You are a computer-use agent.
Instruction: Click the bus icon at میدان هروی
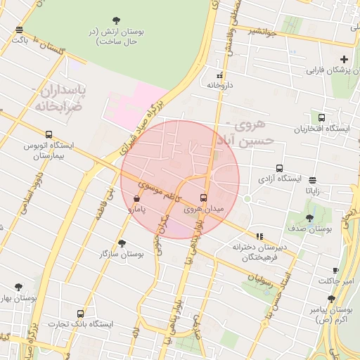point(204,198)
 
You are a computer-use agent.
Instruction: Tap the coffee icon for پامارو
point(136,199)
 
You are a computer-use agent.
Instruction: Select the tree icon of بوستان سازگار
point(122,243)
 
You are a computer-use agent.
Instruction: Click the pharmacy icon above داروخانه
point(219,75)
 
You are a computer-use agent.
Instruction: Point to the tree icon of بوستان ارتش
point(116,20)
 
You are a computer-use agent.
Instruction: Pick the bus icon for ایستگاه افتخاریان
point(322,118)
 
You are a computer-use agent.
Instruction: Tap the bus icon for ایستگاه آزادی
point(279,169)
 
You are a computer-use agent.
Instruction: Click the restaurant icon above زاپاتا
point(312,180)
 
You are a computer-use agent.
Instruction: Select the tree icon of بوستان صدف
point(310,219)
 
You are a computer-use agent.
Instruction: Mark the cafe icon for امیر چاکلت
point(335,271)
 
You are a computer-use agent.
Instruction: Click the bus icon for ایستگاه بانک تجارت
point(81,314)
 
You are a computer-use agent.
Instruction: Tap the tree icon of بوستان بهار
point(18,288)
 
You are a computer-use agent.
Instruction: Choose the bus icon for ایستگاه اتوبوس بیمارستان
point(49,134)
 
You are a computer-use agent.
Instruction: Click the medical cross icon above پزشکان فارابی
point(343,60)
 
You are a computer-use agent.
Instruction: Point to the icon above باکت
point(19,30)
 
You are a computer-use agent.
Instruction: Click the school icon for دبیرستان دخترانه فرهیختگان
point(260,237)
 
